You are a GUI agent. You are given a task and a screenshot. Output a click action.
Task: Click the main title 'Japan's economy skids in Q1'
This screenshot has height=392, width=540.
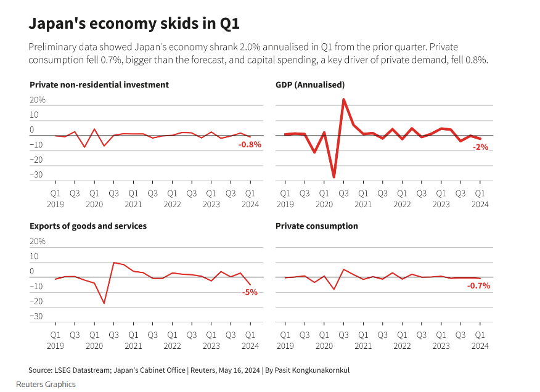(x=134, y=24)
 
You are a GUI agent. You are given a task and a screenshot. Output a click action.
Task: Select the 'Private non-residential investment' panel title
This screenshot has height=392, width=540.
(x=99, y=84)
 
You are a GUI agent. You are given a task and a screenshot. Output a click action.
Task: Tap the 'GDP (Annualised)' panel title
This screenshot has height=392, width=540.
(x=310, y=84)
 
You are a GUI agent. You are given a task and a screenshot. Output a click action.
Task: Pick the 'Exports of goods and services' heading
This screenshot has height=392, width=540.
(x=88, y=226)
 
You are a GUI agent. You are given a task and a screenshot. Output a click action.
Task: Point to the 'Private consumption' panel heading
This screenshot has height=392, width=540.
(x=317, y=226)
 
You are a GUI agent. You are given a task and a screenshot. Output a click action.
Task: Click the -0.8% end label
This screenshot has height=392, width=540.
(x=250, y=144)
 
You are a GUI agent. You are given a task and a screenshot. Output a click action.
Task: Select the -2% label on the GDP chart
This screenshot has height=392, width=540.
(x=480, y=147)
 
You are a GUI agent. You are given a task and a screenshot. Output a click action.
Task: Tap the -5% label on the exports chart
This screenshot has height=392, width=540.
(x=250, y=292)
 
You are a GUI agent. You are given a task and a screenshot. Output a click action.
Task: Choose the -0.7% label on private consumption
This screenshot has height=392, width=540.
(x=478, y=285)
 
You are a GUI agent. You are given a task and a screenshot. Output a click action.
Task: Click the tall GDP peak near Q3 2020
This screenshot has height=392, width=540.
(x=343, y=99)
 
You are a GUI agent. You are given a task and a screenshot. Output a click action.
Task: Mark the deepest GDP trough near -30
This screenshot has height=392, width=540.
(x=334, y=177)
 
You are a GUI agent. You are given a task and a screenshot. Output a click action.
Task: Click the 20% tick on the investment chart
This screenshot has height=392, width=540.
(x=38, y=100)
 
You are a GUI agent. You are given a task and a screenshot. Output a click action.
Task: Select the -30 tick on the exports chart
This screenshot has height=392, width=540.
(x=36, y=316)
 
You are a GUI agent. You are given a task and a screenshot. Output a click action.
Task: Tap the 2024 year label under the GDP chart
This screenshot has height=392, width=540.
(x=480, y=205)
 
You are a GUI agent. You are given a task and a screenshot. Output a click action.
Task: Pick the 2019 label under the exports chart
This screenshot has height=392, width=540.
(x=55, y=346)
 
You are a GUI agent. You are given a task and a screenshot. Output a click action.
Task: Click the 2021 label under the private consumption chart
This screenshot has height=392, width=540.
(x=362, y=346)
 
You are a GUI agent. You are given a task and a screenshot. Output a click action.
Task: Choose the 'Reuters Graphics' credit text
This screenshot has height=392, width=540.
(x=46, y=384)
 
